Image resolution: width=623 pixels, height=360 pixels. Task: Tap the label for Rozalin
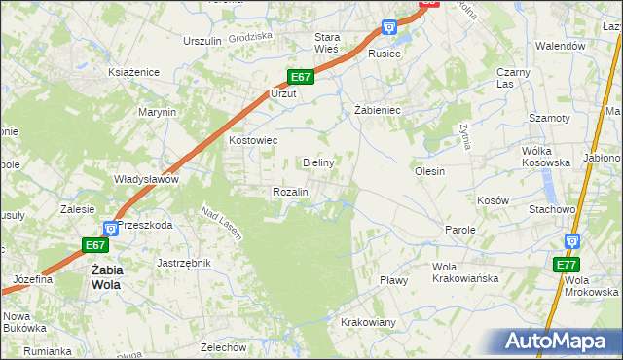point(290,193)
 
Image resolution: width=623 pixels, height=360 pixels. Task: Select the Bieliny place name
point(319,162)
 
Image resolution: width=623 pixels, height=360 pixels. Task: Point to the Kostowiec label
point(253,140)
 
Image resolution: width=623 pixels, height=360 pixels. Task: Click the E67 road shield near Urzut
point(301,77)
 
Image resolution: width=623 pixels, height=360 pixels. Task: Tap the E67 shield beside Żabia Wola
point(93,245)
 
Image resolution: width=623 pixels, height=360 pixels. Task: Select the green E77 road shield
point(566,265)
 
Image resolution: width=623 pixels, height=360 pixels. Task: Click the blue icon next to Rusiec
point(389,27)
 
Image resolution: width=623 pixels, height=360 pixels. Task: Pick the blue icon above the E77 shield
point(572,240)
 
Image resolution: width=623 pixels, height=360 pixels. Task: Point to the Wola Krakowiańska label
point(465,272)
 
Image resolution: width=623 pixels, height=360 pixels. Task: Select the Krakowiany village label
point(368,322)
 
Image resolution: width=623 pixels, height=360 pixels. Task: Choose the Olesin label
point(429,171)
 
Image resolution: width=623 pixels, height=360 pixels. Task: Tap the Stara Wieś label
point(325,43)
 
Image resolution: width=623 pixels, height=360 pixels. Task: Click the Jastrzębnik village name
point(184,263)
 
